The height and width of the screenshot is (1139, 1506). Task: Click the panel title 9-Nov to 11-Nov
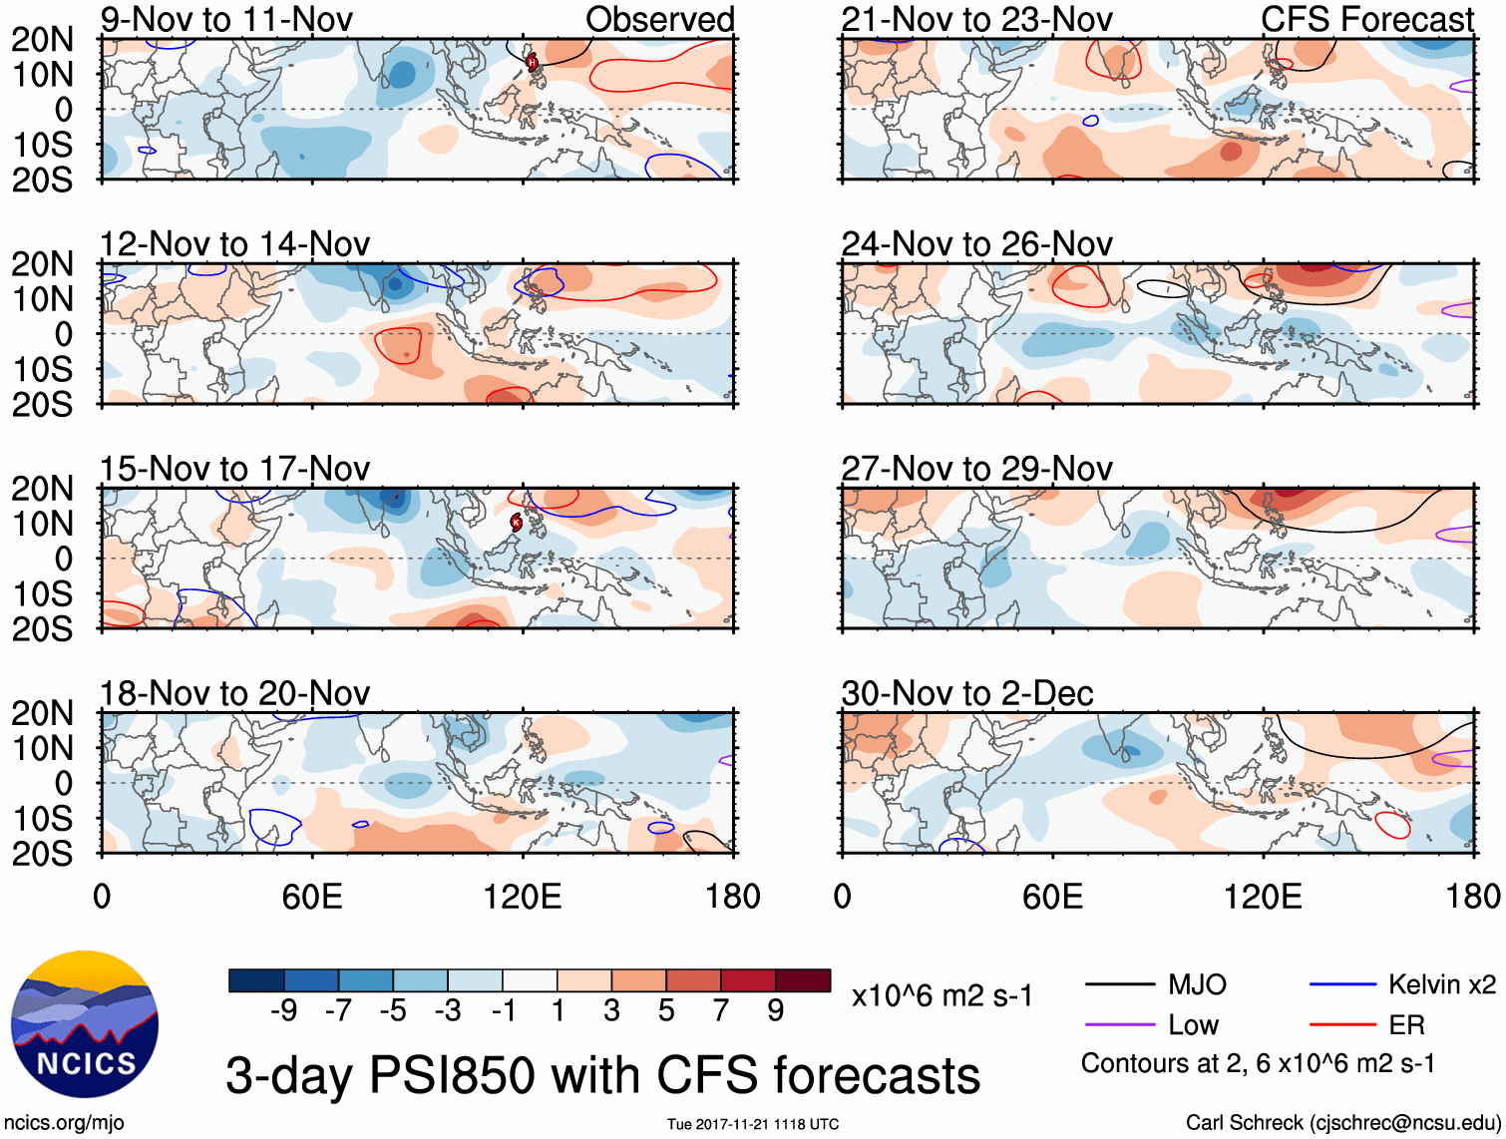pyautogui.click(x=226, y=20)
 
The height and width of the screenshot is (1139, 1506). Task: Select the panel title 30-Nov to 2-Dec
pyautogui.click(x=967, y=693)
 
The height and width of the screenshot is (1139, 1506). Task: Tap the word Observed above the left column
pyautogui.click(x=659, y=20)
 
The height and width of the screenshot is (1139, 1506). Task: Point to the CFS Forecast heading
pyautogui.click(x=1367, y=20)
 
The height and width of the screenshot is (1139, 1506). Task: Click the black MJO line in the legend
pyautogui.click(x=1120, y=985)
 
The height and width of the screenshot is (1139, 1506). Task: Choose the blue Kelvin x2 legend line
pyautogui.click(x=1342, y=985)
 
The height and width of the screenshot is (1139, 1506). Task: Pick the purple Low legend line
pyautogui.click(x=1120, y=1025)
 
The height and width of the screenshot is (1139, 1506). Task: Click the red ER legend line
pyautogui.click(x=1342, y=1025)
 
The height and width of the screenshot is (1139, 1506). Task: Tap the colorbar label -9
pyautogui.click(x=283, y=1011)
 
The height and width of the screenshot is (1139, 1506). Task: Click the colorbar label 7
pyautogui.click(x=721, y=1011)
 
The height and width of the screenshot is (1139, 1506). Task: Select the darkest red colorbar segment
pyautogui.click(x=803, y=980)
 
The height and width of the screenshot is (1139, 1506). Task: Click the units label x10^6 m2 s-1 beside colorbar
pyautogui.click(x=942, y=995)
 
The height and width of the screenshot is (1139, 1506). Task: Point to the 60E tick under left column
pyautogui.click(x=312, y=896)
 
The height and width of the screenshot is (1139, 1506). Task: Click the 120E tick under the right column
pyautogui.click(x=1263, y=896)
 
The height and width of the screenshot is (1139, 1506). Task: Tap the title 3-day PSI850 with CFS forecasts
pyautogui.click(x=603, y=1075)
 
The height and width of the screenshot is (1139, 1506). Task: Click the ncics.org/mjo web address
pyautogui.click(x=64, y=1123)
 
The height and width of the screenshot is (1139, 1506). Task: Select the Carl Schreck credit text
pyautogui.click(x=1342, y=1123)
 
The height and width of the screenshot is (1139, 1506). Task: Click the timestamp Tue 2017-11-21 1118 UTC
pyautogui.click(x=753, y=1125)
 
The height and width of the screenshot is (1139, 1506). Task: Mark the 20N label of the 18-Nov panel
pyautogui.click(x=42, y=713)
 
